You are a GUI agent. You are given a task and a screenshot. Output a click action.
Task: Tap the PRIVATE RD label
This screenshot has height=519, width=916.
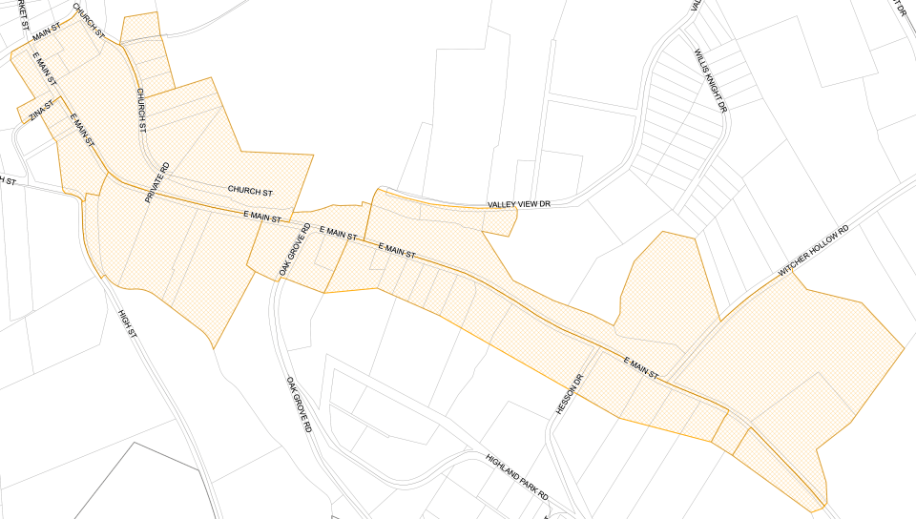[156, 182]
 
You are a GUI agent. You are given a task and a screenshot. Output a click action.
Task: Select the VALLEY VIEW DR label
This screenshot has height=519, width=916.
[519, 204]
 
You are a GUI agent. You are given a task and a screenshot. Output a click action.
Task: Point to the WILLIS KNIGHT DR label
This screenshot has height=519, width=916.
[711, 81]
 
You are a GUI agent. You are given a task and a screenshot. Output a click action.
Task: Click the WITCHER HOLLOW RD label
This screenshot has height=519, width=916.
[813, 252]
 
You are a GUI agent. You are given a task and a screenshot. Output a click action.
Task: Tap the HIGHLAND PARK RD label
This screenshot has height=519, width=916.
[516, 476]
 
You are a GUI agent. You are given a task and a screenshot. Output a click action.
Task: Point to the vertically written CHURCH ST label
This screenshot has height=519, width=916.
[141, 110]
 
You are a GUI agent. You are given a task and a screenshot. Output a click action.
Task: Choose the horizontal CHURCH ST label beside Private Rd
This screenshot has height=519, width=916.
[250, 192]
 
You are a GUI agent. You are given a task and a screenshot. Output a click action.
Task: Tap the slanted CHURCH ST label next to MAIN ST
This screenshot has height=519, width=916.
[88, 19]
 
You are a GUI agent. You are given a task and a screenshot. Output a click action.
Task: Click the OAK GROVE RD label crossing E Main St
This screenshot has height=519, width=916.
[295, 250]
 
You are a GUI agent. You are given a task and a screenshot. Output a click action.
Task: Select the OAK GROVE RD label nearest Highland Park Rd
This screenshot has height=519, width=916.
[300, 405]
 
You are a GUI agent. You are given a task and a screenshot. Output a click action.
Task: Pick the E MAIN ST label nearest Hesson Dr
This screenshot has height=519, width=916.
[641, 369]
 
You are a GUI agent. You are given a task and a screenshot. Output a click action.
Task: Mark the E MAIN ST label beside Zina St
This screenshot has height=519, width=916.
[84, 129]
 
